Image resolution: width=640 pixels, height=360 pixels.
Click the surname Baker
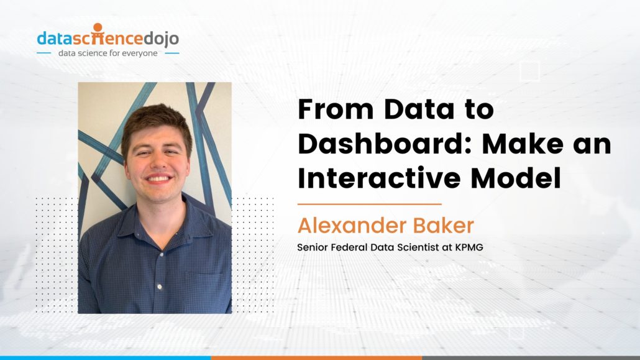coord(446,225)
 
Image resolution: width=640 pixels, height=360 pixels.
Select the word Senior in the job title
coord(311,247)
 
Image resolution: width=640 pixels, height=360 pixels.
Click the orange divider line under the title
coord(369,204)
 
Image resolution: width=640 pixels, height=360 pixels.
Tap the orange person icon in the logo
coord(98,29)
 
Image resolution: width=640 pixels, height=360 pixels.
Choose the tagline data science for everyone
coord(107,53)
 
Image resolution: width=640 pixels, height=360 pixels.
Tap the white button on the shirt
coord(160,287)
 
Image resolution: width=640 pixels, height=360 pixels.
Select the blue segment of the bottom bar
coord(105,358)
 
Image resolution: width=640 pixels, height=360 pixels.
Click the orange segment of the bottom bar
coord(316,358)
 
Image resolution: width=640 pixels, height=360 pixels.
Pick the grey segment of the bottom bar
coord(531,358)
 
